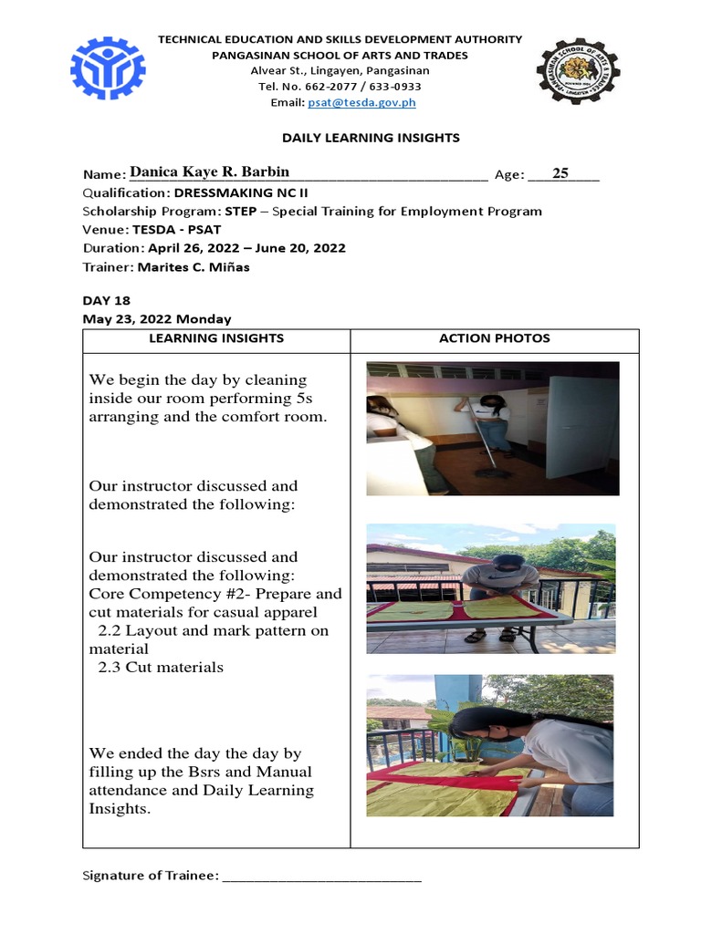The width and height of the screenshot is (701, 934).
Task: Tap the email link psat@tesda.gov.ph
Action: (x=362, y=103)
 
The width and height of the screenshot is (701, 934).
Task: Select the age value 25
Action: (x=560, y=172)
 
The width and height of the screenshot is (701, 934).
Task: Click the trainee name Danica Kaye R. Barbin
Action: (x=209, y=172)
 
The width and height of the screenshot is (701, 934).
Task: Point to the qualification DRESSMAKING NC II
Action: (x=239, y=193)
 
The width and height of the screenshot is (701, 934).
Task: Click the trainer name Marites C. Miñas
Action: (x=193, y=267)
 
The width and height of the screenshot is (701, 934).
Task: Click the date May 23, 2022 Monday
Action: (x=157, y=319)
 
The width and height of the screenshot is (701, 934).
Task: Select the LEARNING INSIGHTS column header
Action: (x=217, y=338)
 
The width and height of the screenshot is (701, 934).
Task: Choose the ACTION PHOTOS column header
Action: (x=494, y=338)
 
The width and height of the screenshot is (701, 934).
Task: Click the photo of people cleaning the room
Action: (x=492, y=429)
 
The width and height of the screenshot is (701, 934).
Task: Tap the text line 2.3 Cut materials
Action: (x=161, y=667)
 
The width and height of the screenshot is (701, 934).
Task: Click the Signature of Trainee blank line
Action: (x=321, y=877)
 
